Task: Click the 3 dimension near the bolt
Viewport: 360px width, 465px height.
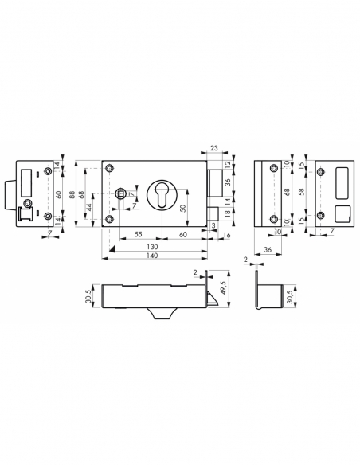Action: click(x=213, y=226)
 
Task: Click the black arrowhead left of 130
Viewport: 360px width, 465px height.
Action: click(x=113, y=248)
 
